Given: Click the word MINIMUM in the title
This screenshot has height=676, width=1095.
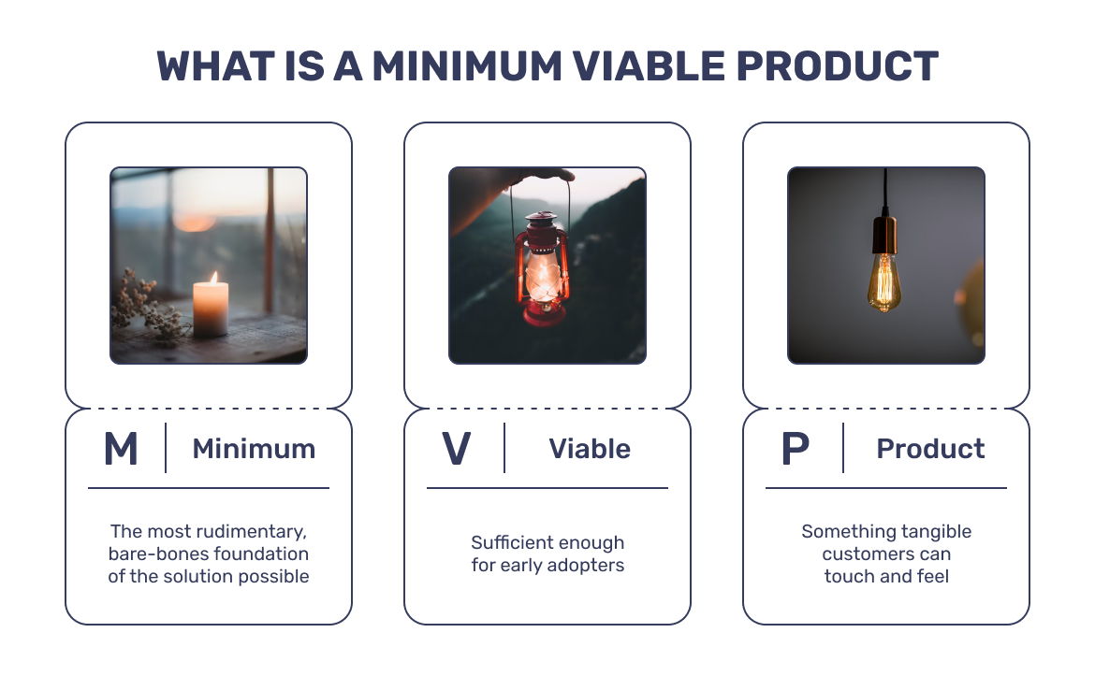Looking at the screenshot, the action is (466, 66).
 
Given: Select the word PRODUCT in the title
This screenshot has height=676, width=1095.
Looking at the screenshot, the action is (837, 66).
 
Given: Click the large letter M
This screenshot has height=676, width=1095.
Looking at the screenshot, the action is (121, 449).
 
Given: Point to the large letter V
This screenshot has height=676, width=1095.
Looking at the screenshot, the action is (457, 449).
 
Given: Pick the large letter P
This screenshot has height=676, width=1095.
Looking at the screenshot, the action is (796, 449).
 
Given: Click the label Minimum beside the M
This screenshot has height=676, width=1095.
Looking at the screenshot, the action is (254, 449).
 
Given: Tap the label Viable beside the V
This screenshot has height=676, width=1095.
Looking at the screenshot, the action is (590, 449).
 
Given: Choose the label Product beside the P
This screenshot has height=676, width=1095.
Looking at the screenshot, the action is (930, 449).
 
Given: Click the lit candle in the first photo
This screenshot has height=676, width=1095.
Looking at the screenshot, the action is (211, 308).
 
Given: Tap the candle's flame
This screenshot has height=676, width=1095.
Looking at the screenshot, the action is (214, 278).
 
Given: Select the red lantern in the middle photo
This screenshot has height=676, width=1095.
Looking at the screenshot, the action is (543, 268).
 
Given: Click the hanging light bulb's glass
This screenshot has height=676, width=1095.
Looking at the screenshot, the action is (884, 281).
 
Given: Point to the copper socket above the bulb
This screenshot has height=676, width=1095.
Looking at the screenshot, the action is (884, 235).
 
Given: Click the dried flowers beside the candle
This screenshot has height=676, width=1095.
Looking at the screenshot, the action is (147, 307).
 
